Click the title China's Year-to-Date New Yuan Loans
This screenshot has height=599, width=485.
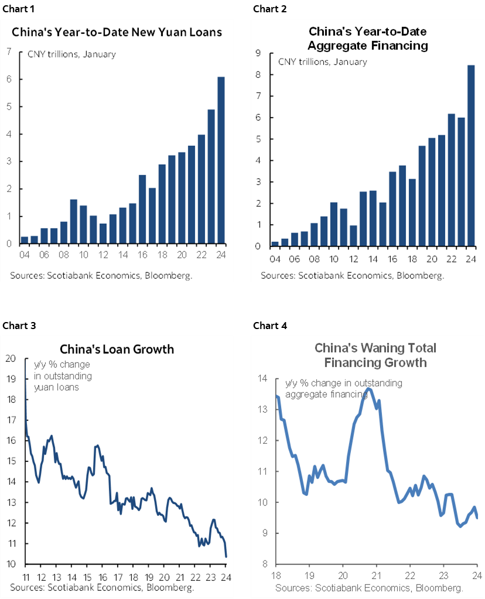pos(117,32)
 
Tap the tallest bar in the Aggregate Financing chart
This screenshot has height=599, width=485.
pos(470,155)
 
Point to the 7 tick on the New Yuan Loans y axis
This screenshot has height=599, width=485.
pos(8,52)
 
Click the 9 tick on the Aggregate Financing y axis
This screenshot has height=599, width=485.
pos(257,53)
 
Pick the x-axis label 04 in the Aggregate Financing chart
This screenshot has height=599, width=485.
pos(275,259)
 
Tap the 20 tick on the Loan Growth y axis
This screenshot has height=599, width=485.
pos(11,359)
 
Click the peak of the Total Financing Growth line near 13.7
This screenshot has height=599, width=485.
pos(368,388)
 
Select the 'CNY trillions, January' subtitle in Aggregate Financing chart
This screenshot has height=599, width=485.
pos(322,61)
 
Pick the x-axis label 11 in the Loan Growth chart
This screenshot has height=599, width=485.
pos(26,576)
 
